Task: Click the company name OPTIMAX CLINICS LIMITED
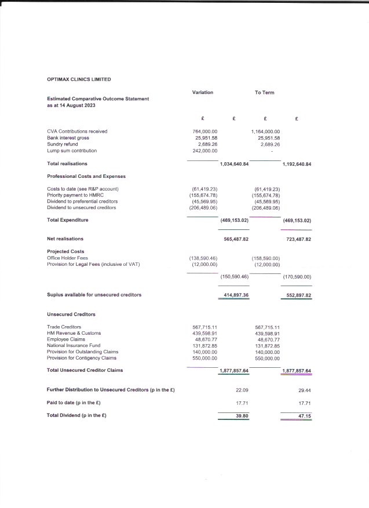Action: coord(79,79)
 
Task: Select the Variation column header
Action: coord(203,93)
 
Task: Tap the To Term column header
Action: coord(265,93)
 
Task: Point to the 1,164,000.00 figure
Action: coord(266,131)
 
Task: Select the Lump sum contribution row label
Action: coord(72,151)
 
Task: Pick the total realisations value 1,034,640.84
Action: coord(235,165)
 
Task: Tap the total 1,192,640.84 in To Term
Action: coord(297,165)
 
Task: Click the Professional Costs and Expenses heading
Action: coord(86,176)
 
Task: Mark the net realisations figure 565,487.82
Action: coord(236,239)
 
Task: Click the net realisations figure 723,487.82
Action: coord(299,239)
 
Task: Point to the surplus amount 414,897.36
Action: coord(236,295)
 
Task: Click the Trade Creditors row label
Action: coord(64,327)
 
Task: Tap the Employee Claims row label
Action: coord(65,339)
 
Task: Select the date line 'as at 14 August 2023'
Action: coord(71,106)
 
